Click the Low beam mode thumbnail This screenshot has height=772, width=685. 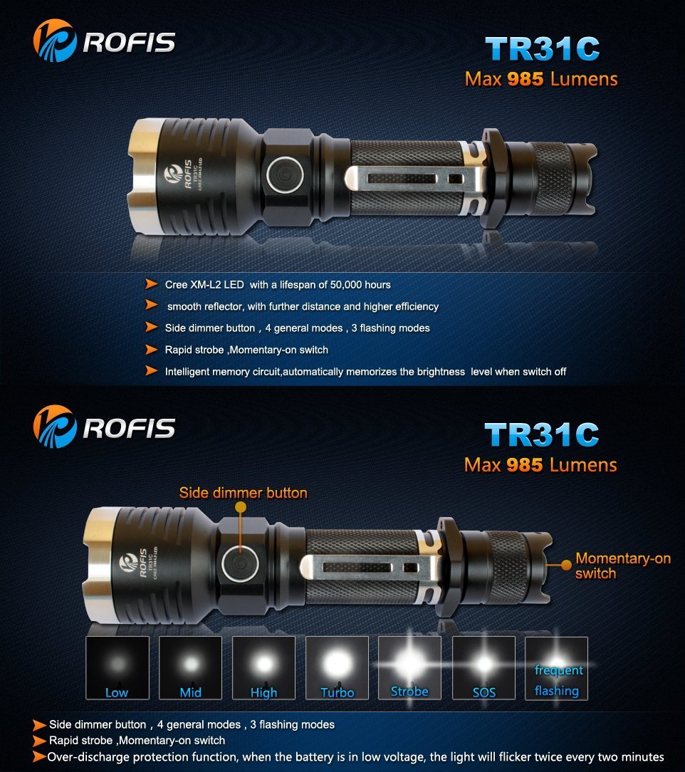coord(117,667)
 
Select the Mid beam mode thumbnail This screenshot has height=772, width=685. coord(190,667)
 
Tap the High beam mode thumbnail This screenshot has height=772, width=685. coord(263,667)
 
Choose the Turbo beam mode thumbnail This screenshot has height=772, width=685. coord(337,667)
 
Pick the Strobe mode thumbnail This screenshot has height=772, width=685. coord(410,667)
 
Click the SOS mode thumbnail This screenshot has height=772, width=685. coord(483,667)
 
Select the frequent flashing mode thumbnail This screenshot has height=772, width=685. coord(557,667)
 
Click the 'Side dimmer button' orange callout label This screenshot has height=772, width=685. coord(243,493)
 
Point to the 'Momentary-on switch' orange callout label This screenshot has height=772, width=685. coord(623,565)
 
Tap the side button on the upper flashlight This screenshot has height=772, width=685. coord(285,174)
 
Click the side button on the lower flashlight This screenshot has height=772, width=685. coord(240,563)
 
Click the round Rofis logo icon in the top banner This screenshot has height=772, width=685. coord(55,41)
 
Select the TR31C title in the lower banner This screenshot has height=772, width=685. coord(542,434)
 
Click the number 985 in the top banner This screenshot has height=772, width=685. coord(525,79)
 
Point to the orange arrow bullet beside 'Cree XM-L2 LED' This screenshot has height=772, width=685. coord(152,283)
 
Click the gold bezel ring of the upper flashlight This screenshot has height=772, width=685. coord(142,174)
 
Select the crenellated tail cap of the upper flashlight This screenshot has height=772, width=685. coord(580,178)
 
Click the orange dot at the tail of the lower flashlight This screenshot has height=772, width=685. coord(566,565)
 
